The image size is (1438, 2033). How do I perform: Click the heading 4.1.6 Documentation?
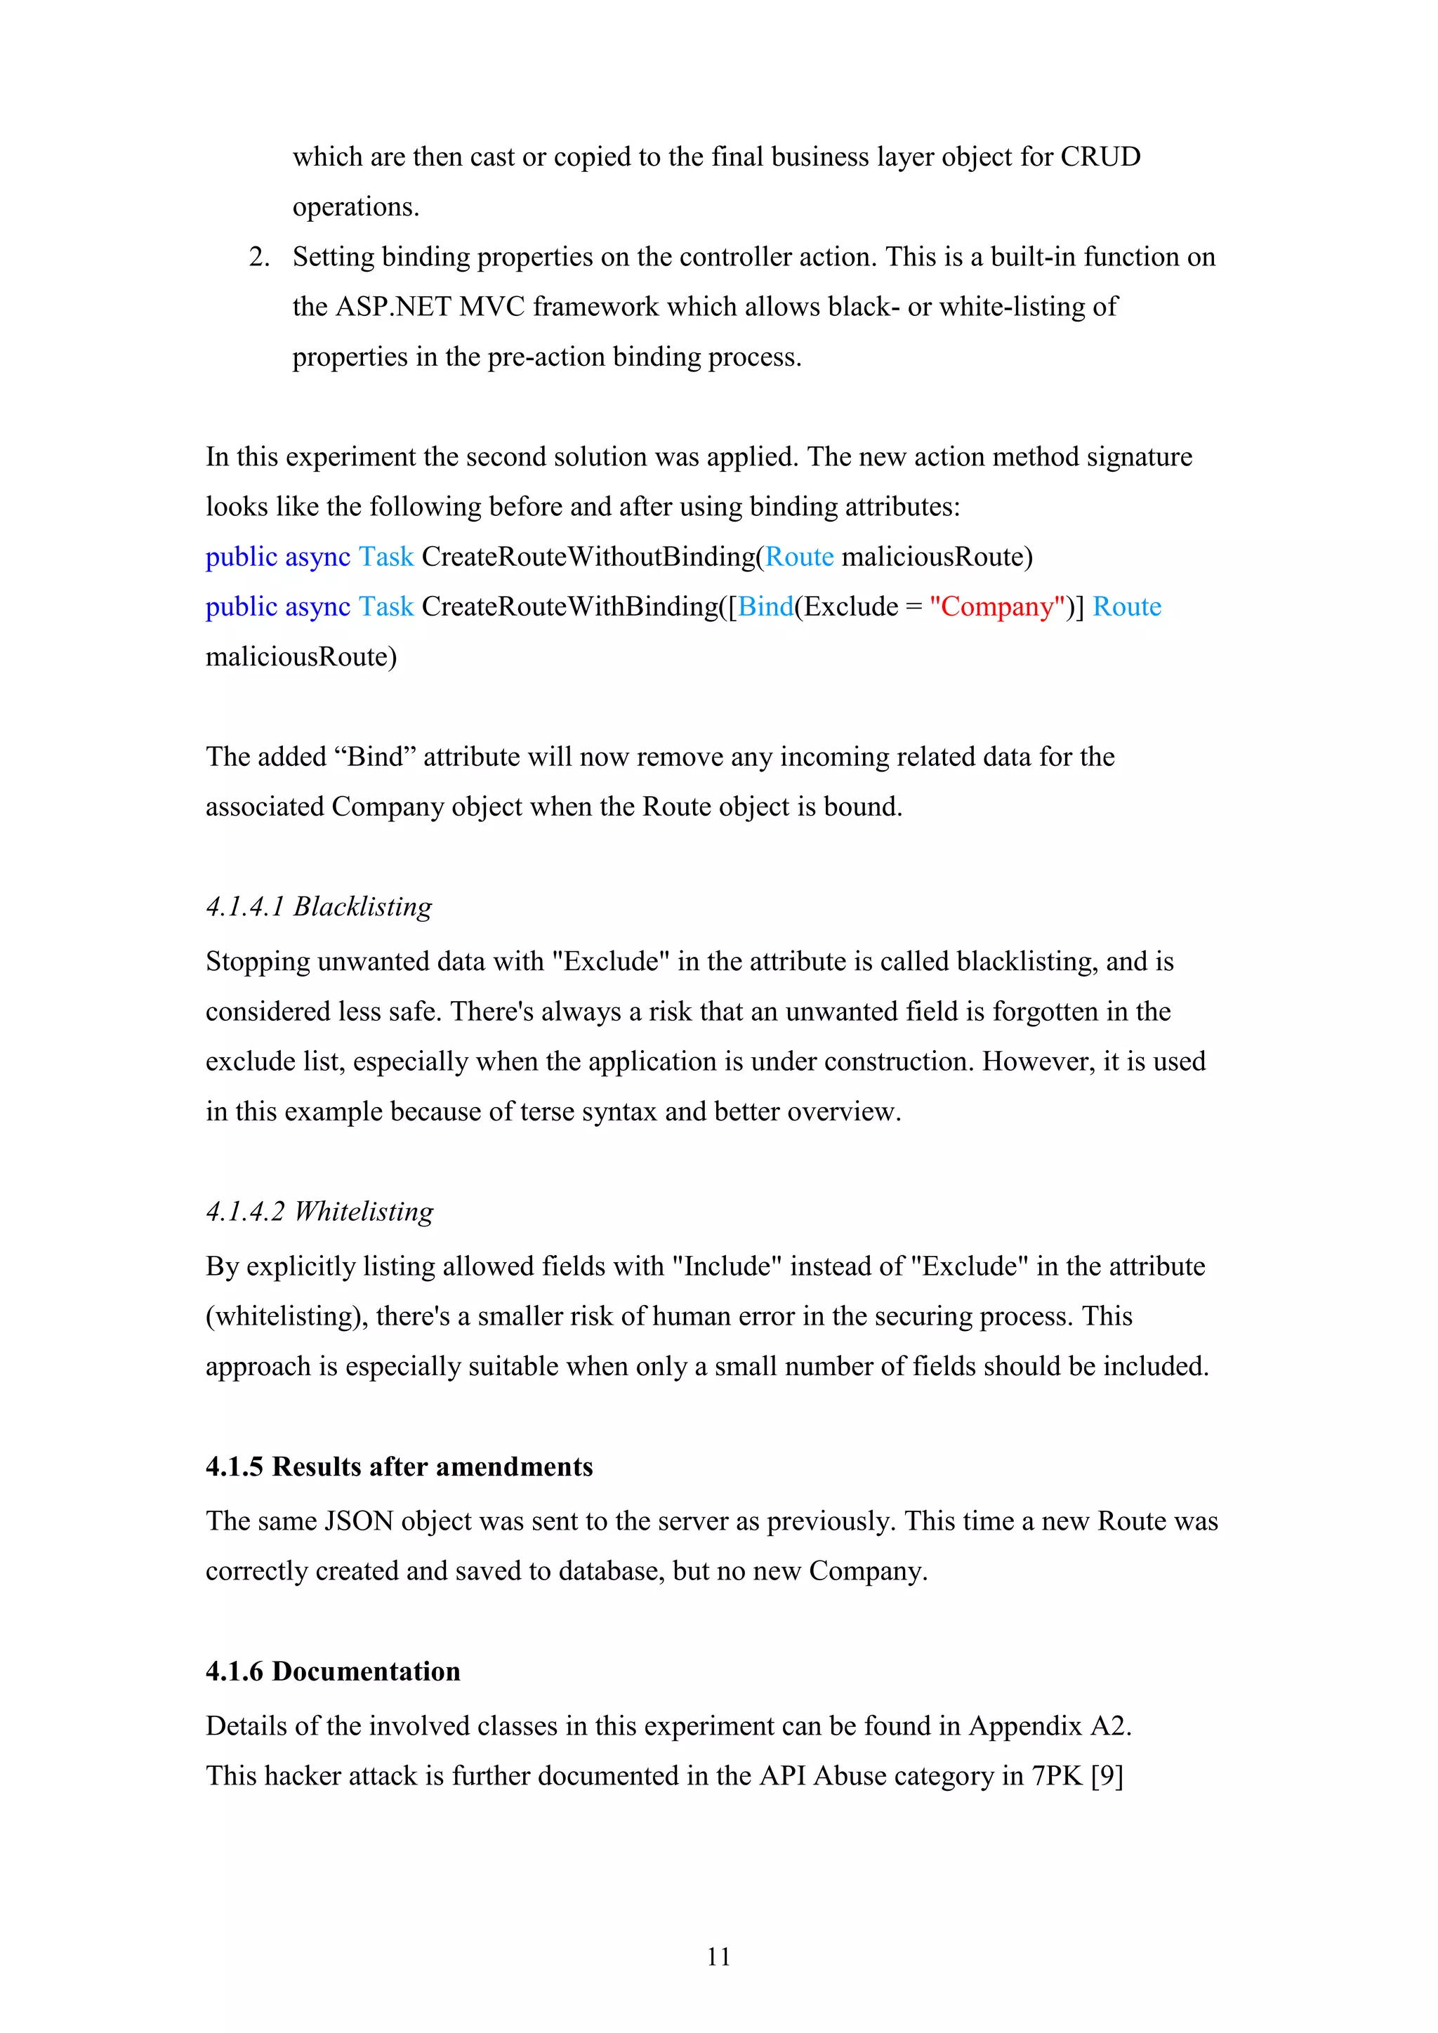coord(333,1671)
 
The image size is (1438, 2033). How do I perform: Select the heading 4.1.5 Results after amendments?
coord(400,1466)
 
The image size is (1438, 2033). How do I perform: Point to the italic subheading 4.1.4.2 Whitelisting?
coord(319,1210)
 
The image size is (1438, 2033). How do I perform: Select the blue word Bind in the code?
coord(766,607)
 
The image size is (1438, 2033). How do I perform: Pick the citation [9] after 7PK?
coord(1107,1775)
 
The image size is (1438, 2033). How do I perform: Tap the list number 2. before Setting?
coord(259,257)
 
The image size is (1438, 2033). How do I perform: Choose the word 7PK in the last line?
coord(1057,1775)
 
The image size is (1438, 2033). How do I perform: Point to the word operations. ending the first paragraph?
coord(356,207)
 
